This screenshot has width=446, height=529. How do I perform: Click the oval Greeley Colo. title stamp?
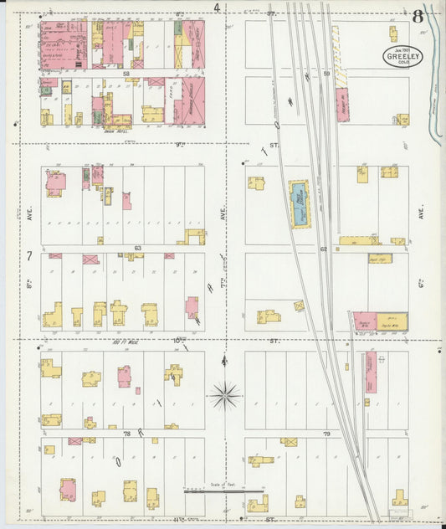pos(403,57)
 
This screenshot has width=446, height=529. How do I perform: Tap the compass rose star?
pos(225,393)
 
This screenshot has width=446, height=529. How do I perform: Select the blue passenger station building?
pos(299,203)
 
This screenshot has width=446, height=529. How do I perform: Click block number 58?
pos(126,74)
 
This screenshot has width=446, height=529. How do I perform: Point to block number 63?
pos(136,249)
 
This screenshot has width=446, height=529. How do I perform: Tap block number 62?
pos(322,249)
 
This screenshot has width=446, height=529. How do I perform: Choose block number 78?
pos(127,434)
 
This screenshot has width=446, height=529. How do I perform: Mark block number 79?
pos(326,434)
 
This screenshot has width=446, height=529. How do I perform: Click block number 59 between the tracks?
pos(328,74)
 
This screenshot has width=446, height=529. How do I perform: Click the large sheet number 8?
pos(417,15)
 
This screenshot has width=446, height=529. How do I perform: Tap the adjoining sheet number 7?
pos(28,254)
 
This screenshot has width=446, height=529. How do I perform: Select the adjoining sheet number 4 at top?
pos(217,8)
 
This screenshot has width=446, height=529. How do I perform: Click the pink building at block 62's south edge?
pos(365,321)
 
